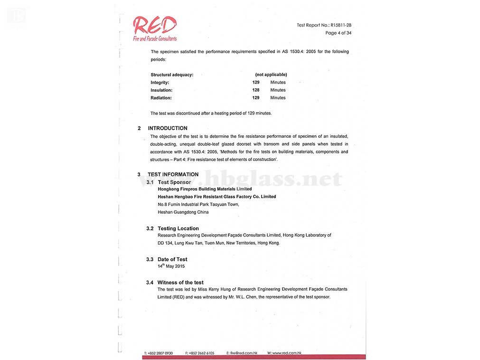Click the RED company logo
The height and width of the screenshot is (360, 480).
tap(155, 28)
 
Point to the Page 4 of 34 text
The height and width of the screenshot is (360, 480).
tap(338, 33)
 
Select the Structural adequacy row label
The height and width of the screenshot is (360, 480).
tap(172, 75)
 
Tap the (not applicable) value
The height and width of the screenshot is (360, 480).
tap(271, 75)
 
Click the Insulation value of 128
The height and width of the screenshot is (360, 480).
tap(256, 90)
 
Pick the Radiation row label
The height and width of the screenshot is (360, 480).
tap(161, 98)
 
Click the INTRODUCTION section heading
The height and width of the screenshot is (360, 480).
tap(167, 128)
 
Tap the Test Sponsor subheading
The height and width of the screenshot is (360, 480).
tap(174, 182)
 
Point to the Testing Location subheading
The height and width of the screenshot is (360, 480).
tap(178, 228)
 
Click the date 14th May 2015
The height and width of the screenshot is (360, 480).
tap(171, 266)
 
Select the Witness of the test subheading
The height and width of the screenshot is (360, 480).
tap(180, 283)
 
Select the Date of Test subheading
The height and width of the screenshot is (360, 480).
tap(172, 259)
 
